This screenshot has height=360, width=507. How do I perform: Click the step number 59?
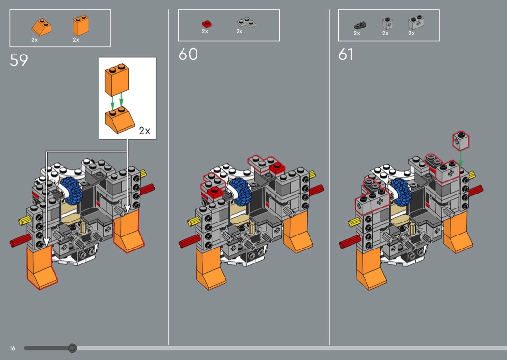pyautogui.click(x=19, y=60)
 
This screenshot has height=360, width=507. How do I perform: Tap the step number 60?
pyautogui.click(x=188, y=55)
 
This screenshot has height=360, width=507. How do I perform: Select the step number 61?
pyautogui.click(x=346, y=55)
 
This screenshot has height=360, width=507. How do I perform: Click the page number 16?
pyautogui.click(x=12, y=348)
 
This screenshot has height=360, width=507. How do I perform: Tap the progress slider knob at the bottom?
pyautogui.click(x=72, y=348)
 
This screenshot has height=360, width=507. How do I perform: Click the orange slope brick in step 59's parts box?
pyautogui.click(x=42, y=27)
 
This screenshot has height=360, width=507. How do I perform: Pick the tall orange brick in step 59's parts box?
pyautogui.click(x=81, y=25)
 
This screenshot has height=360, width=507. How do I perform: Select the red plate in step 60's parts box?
pyautogui.click(x=207, y=24)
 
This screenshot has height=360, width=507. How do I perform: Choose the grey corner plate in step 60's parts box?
pyautogui.click(x=246, y=22)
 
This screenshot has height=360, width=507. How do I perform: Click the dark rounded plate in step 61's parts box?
pyautogui.click(x=360, y=26)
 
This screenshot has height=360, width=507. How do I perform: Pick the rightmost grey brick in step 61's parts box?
pyautogui.click(x=416, y=22)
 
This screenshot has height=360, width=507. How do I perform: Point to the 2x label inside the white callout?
pyautogui.click(x=144, y=131)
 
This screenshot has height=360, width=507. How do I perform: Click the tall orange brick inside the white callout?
pyautogui.click(x=117, y=79)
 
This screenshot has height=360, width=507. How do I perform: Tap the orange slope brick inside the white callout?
pyautogui.click(x=120, y=120)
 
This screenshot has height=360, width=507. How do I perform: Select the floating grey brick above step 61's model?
pyautogui.click(x=461, y=140)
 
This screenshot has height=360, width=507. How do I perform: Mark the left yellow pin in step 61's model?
pyautogui.click(x=354, y=222)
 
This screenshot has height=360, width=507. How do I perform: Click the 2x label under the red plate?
pyautogui.click(x=205, y=31)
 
